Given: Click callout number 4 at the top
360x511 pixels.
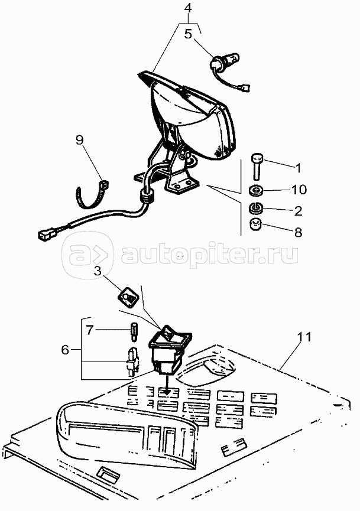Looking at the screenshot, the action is pos(187,8).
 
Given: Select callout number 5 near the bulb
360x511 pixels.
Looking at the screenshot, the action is pos(189,34).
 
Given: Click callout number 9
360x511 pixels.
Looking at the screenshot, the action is pos(79,141).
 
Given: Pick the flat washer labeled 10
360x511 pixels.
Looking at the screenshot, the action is pos(255,191).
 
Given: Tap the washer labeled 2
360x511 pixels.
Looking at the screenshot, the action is pos(256,209).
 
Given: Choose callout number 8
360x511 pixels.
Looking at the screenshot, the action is pos(298,232).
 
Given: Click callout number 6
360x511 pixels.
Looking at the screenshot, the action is pos(65,350).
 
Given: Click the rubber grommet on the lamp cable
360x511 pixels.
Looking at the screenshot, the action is pos(147,197).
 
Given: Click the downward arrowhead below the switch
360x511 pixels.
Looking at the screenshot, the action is pos(167,392).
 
